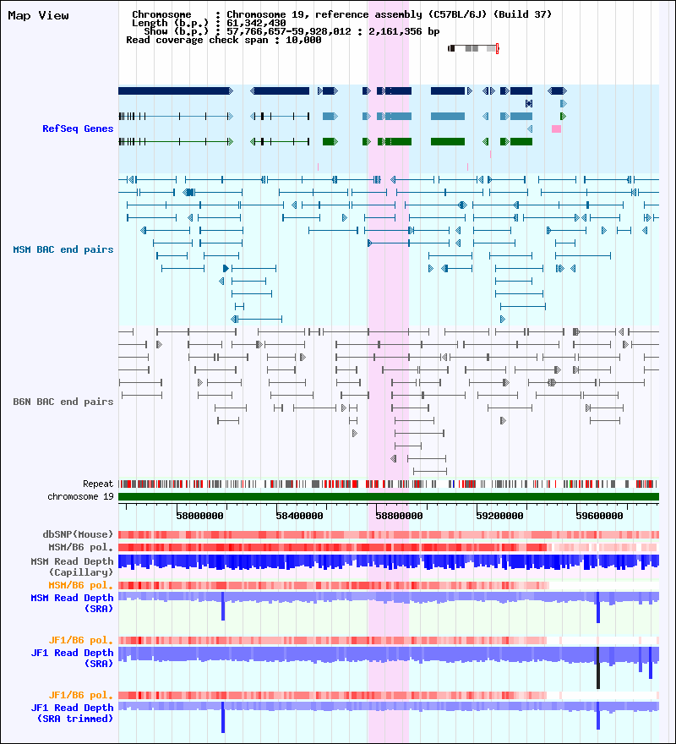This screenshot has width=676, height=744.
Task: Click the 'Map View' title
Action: (x=39, y=15)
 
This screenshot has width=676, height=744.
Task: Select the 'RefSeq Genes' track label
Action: (x=78, y=129)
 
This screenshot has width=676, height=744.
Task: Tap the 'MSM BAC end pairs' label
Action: (x=63, y=249)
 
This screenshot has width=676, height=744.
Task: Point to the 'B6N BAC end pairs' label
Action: (x=63, y=402)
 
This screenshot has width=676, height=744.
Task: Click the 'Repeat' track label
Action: (x=98, y=484)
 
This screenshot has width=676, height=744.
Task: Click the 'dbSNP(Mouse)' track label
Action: (x=78, y=534)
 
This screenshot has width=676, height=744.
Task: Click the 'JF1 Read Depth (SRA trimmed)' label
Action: (x=72, y=713)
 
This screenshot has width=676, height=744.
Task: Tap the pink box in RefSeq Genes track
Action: (x=556, y=129)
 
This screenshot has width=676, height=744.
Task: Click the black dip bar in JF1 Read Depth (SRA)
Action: (x=597, y=668)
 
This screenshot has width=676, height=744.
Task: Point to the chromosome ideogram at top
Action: (x=473, y=48)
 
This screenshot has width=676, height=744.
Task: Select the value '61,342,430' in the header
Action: (x=258, y=23)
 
